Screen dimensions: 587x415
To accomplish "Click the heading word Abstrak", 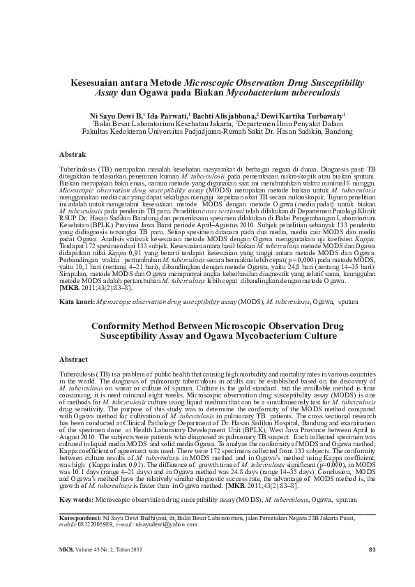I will [72, 153].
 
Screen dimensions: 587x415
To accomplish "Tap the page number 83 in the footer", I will [372, 551].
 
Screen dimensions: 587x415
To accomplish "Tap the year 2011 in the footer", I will [135, 551].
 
